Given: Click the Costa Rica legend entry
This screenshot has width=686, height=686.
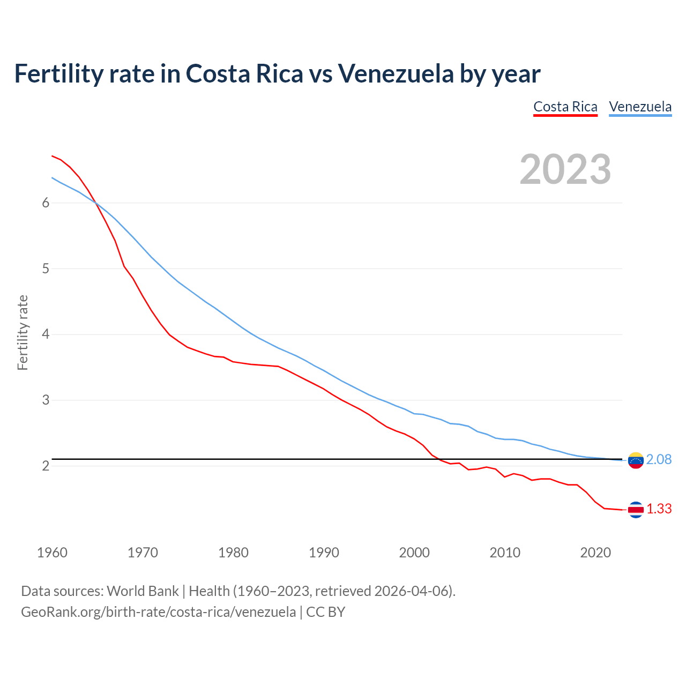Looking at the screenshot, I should [x=565, y=107].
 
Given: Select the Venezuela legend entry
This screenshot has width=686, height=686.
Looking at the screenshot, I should [x=640, y=107].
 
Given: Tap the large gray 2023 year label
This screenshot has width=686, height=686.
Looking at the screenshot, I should [x=565, y=169].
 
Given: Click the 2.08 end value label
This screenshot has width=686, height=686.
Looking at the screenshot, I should [x=659, y=459].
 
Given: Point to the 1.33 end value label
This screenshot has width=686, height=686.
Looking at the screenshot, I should [x=659, y=509].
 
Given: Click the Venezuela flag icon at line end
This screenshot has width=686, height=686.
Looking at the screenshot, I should [x=636, y=460].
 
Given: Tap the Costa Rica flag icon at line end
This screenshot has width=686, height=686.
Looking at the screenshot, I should [x=636, y=510].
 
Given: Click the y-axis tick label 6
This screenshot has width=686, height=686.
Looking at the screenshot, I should [x=46, y=203].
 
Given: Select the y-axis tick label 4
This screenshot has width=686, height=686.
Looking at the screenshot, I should [x=46, y=334].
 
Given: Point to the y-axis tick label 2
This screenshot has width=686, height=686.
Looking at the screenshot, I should [x=46, y=466].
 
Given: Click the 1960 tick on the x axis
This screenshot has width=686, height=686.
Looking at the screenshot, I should [x=52, y=553].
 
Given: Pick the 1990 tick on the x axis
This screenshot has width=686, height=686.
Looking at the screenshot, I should [x=324, y=553].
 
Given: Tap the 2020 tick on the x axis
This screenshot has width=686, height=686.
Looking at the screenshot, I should [x=595, y=553].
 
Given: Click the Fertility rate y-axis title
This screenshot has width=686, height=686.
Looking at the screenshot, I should [x=23, y=332].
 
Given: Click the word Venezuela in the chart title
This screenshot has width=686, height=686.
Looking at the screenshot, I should [x=396, y=73].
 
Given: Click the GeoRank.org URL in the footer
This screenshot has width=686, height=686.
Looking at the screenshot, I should [x=158, y=612].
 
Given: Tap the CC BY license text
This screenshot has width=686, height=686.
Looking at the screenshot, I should [x=326, y=612].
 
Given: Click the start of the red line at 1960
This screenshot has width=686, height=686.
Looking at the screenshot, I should [x=52, y=156].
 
